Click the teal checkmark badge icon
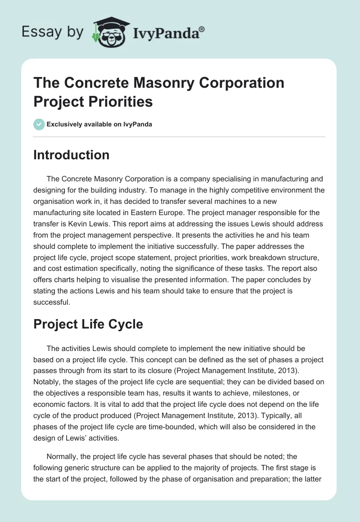pos(39,124)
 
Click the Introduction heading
pos(71,155)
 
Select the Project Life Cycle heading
pos(88,324)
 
